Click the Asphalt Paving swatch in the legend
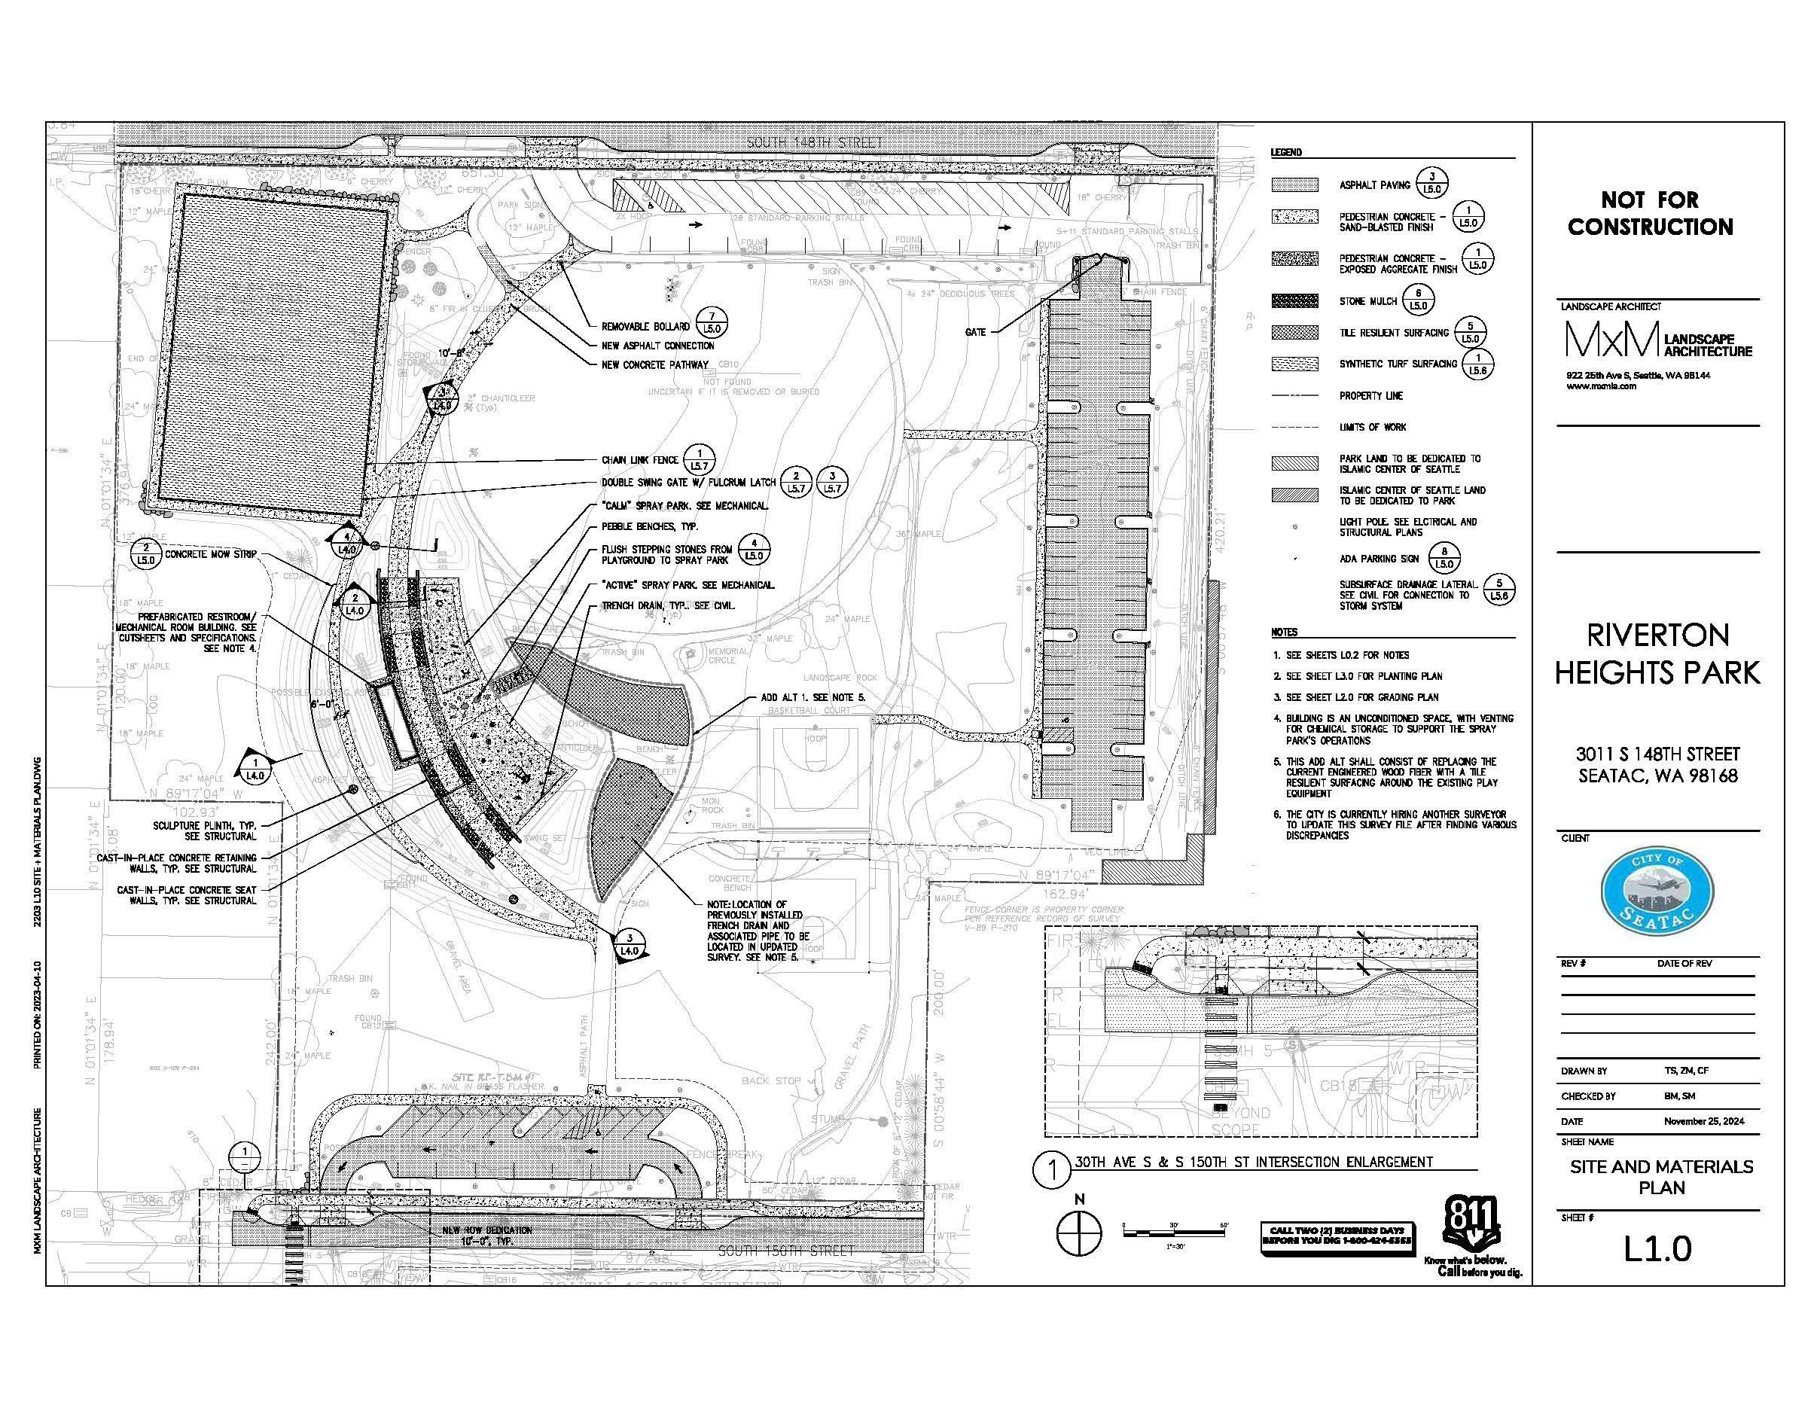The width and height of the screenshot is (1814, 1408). [x=1294, y=185]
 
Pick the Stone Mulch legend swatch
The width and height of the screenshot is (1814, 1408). [x=1294, y=300]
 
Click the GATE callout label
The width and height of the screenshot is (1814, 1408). [x=976, y=332]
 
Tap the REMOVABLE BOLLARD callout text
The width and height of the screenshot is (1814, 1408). [x=645, y=327]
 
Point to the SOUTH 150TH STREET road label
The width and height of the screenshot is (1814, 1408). [x=785, y=1250]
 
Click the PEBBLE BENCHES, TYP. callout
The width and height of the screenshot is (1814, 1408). [x=650, y=526]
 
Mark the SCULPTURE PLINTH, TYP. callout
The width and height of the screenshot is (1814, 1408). [x=204, y=831]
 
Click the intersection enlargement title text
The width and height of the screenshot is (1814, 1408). [x=1255, y=1162]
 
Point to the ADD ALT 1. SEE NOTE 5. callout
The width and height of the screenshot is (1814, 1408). [x=813, y=698]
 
